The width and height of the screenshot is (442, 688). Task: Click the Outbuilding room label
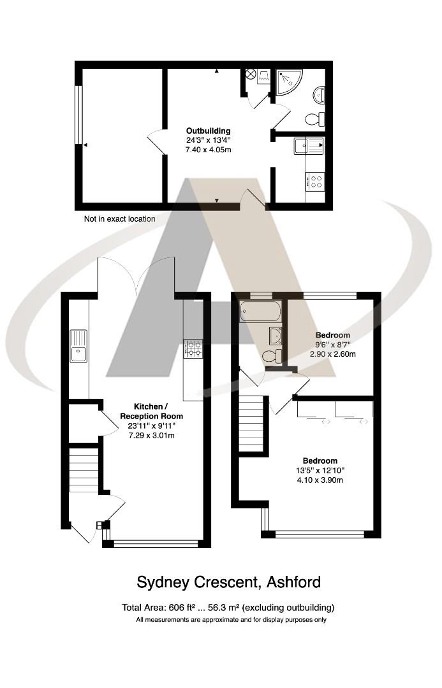pos(208,131)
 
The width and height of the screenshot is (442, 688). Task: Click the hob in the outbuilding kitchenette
pos(315,182)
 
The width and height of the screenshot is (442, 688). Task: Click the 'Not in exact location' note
pos(120,219)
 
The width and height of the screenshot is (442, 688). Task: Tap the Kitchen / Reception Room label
pos(151,411)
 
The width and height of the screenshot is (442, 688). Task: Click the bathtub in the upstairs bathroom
pos(260,312)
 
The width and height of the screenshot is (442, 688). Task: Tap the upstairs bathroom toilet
pos(271,356)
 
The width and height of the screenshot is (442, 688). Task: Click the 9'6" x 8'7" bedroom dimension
pos(333,345)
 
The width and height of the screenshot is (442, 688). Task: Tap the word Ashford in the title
pos(293,582)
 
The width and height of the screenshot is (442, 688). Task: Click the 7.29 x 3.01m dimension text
pos(151,435)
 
